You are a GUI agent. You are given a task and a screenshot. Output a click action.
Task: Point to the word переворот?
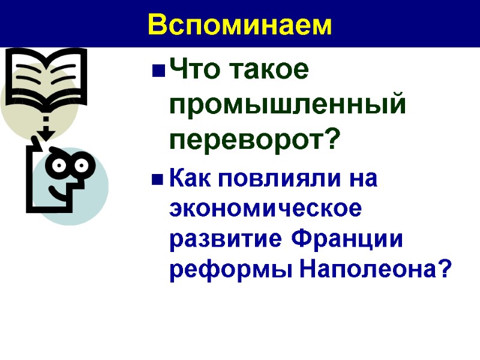(255, 141)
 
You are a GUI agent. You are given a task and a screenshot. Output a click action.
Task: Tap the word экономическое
(266, 209)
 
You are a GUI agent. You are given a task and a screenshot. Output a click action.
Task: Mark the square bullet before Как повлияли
(158, 179)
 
